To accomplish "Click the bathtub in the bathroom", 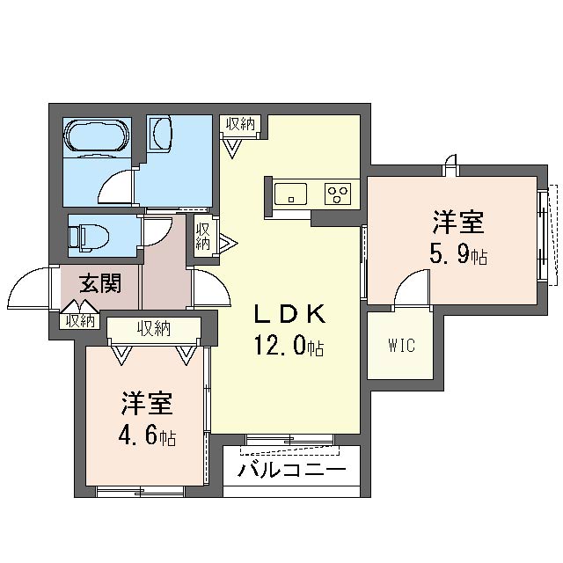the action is point(96,135).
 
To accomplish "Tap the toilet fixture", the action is point(88,236).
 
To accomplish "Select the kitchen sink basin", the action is point(290,194).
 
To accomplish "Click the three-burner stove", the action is point(338,194).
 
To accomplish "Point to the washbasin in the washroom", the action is point(162,133).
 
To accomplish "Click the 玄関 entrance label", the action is point(100,283).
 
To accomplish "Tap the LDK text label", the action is point(289,313).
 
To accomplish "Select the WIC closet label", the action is point(402,345).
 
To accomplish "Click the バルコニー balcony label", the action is point(291,469).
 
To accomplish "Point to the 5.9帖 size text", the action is point(458,255).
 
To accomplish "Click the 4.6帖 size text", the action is point(147,436).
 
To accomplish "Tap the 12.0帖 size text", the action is point(289,346).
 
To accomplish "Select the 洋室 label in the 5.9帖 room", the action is point(458,223).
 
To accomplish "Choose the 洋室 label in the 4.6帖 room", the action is point(147,404).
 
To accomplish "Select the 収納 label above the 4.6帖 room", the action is point(155,328).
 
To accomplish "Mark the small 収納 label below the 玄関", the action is point(80,320).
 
